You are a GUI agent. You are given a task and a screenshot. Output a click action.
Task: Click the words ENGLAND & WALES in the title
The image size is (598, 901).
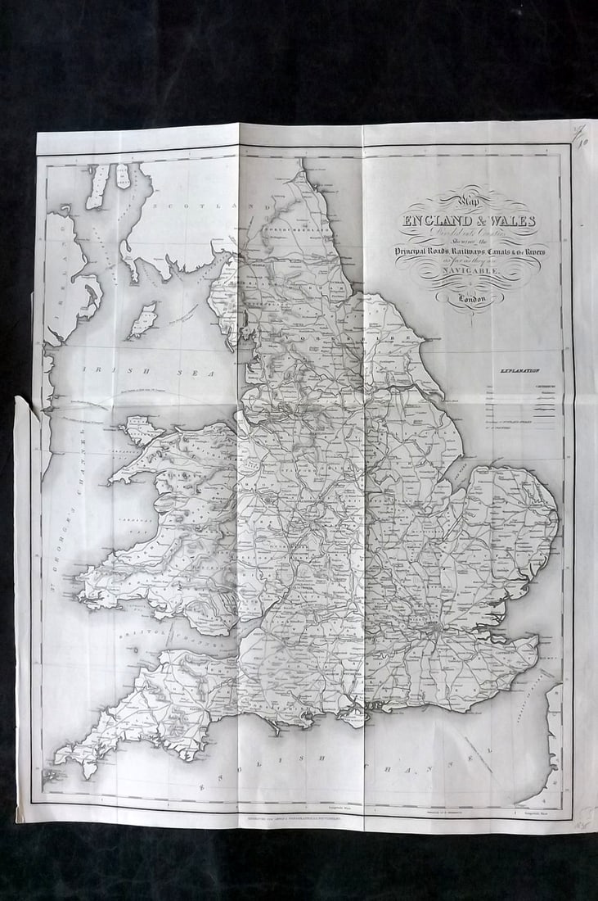[468, 221]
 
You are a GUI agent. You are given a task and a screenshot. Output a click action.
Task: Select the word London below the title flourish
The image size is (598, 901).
[471, 300]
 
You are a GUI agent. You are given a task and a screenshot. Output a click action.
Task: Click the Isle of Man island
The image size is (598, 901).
[143, 319]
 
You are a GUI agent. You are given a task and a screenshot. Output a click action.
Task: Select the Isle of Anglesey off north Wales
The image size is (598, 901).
[140, 430]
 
